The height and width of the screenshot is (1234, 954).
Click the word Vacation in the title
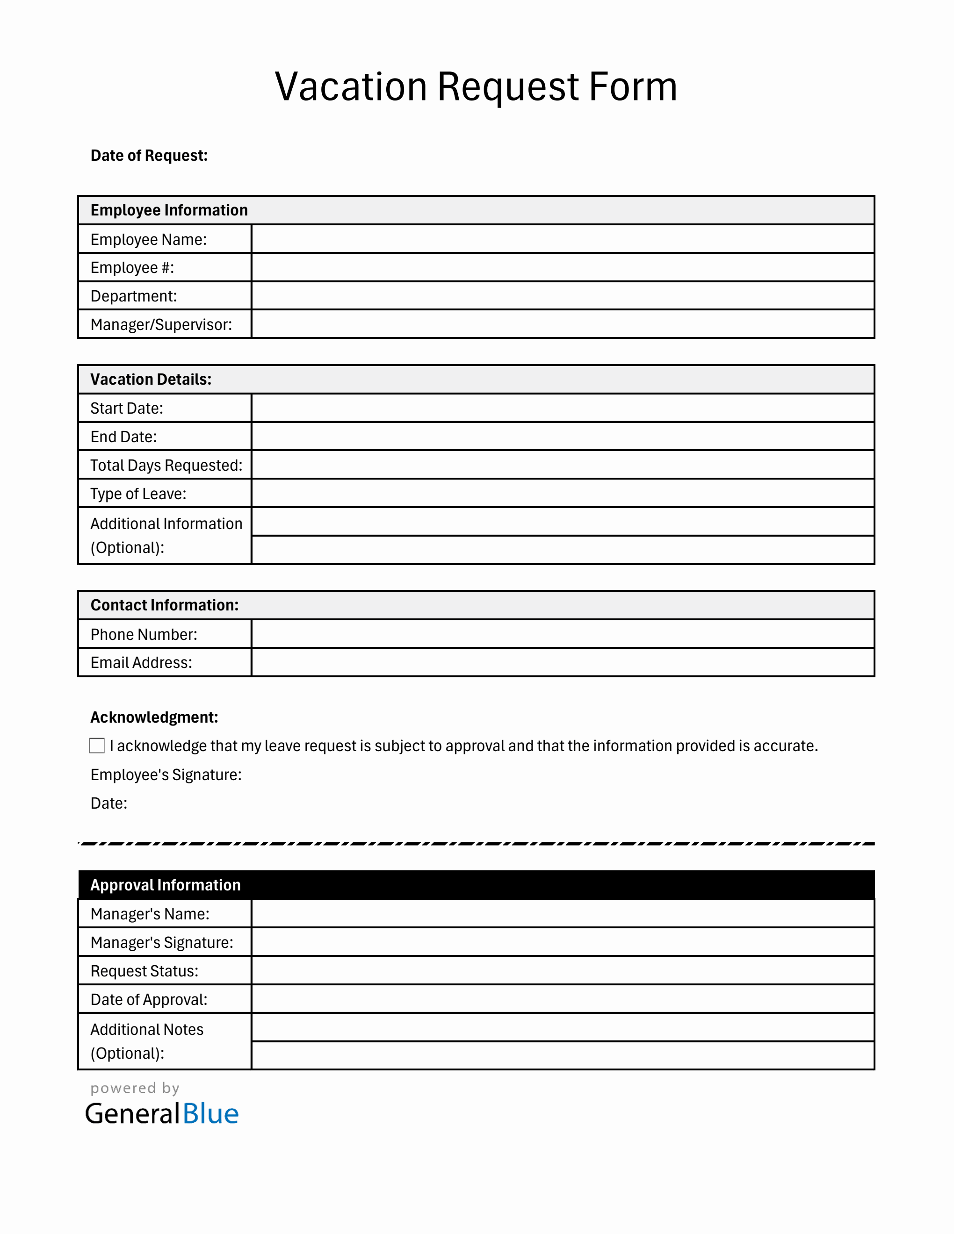coord(350,87)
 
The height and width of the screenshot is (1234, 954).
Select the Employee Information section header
coord(169,210)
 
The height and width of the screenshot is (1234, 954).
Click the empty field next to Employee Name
coord(562,239)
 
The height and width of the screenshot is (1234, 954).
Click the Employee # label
coord(132,267)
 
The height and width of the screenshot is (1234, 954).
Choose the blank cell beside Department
coord(562,295)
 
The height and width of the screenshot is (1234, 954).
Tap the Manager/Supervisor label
coord(161,324)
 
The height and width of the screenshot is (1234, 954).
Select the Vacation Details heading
coord(151,379)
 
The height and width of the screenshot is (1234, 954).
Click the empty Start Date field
coord(562,408)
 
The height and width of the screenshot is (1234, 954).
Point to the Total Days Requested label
coord(166,465)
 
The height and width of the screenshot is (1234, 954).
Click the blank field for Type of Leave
coord(562,493)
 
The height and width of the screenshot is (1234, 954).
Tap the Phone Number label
coord(144,634)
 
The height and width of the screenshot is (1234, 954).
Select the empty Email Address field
coord(562,662)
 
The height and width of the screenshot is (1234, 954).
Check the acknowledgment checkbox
coord(97,746)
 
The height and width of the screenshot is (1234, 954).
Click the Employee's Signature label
coord(166,775)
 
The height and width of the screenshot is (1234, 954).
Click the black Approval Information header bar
coord(476,885)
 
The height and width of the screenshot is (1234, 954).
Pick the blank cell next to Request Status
coord(562,971)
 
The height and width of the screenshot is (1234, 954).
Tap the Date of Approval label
coord(149,999)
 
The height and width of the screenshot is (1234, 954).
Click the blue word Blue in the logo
coord(210,1114)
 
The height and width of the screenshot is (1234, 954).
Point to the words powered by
coord(135,1088)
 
